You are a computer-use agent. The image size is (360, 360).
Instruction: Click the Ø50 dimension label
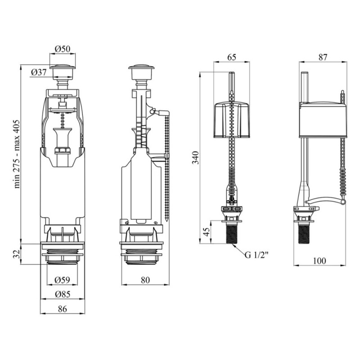click(63, 49)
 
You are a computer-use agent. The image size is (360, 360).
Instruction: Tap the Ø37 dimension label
click(39, 72)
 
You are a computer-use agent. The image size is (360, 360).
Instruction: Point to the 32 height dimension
click(16, 254)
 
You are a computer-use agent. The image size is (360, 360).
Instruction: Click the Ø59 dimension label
click(62, 279)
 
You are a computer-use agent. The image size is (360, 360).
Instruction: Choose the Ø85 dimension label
click(63, 294)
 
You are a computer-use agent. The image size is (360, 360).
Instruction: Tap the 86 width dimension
click(62, 309)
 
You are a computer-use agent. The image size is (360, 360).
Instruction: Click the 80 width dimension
click(145, 280)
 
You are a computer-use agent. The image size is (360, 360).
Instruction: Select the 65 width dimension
click(231, 57)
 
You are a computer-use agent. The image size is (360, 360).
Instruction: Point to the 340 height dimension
click(195, 157)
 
